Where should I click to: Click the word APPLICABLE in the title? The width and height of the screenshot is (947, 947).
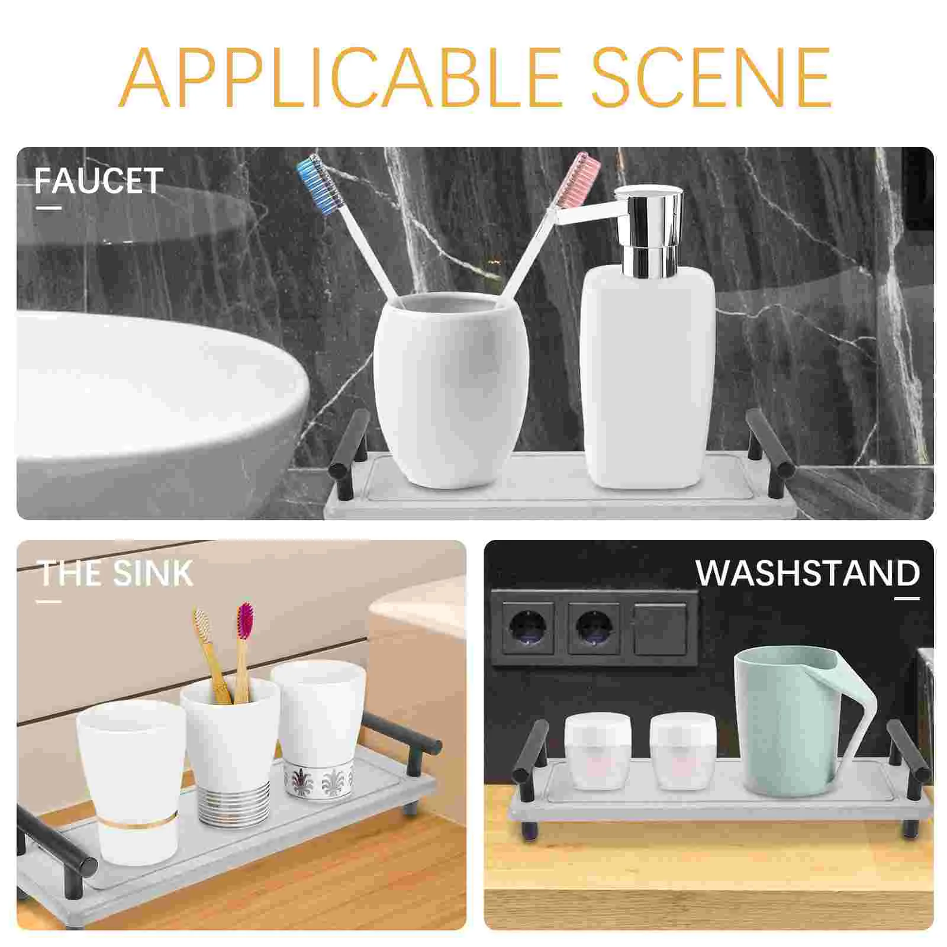(x=340, y=78)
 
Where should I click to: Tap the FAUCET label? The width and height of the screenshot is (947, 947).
(x=99, y=181)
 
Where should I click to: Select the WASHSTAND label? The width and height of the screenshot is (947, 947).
(x=807, y=573)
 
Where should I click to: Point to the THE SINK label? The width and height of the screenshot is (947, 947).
(x=116, y=573)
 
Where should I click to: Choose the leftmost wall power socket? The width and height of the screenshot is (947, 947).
(x=529, y=628)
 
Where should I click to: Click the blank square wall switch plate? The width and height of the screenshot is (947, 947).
(x=660, y=628)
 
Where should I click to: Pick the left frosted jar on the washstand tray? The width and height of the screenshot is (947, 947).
(x=597, y=750)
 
